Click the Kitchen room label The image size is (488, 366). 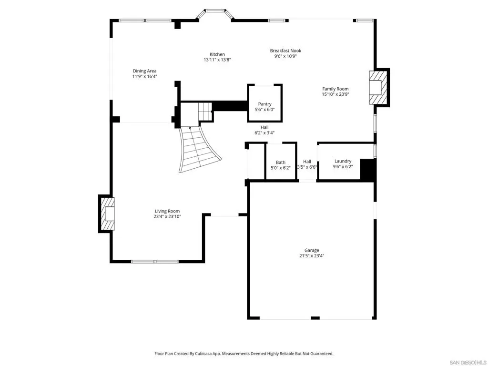point(217,54)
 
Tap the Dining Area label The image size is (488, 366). point(145,71)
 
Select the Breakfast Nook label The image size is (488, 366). point(286,51)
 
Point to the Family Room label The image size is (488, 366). point(335,89)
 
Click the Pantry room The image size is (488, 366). point(265,103)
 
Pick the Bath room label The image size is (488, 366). point(281,163)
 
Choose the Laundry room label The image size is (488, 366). point(343,161)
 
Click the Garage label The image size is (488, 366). point(312,250)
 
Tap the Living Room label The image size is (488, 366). point(167,211)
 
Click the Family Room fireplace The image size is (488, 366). point(379,88)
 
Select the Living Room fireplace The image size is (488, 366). point(107,214)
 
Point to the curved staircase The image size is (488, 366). point(199,149)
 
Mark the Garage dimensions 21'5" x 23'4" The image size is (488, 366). point(312,256)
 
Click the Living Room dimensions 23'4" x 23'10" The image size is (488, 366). point(167,217)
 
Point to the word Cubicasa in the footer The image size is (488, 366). point(204,354)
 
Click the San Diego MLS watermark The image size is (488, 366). point(468,362)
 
